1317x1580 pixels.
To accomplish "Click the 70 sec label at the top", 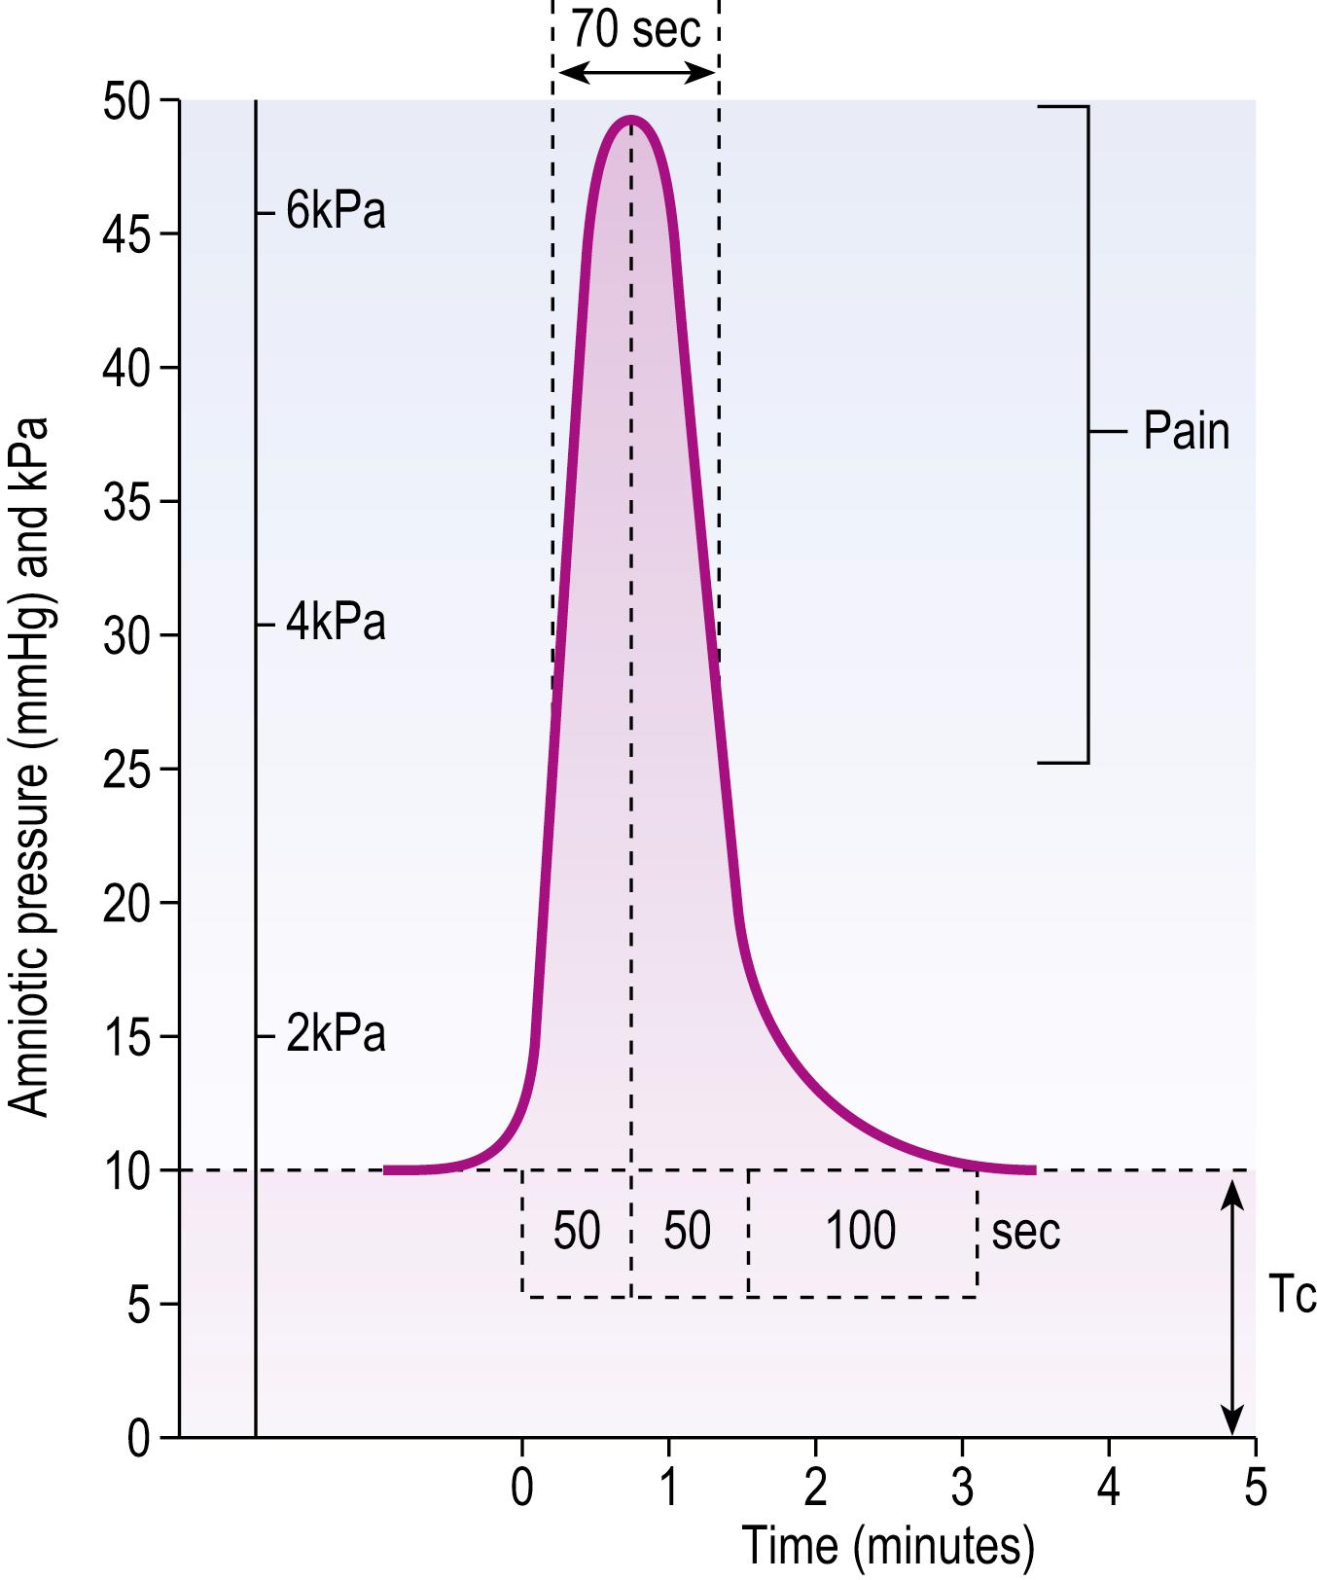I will [635, 29].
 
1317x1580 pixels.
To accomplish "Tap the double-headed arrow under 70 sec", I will [635, 72].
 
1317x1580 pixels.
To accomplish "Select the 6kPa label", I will [336, 212].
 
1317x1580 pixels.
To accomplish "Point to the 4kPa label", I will [336, 624].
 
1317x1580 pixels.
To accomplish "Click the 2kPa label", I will [336, 1035].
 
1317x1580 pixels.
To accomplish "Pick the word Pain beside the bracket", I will [1186, 431].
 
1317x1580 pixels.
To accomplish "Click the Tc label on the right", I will [1293, 1295].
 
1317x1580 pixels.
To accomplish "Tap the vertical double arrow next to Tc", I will [1232, 1304].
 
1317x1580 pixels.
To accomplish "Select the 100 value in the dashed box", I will [861, 1231].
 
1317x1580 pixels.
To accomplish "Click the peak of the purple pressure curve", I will [631, 120].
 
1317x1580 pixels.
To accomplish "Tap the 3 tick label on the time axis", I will [963, 1489].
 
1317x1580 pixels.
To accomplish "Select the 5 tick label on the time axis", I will [1256, 1489].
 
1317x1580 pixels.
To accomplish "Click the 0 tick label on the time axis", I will [522, 1489].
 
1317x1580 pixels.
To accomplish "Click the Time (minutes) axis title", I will [887, 1547].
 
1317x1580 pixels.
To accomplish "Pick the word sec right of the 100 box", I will [1025, 1233].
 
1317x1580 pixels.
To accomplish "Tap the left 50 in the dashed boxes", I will [577, 1231].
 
